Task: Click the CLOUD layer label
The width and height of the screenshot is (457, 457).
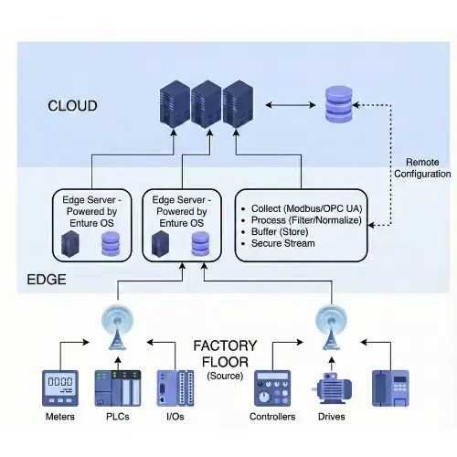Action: (x=72, y=106)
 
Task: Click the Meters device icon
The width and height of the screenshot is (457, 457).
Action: (x=59, y=388)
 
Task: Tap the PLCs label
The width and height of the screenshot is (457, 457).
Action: (x=114, y=417)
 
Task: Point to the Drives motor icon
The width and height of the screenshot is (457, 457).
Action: (x=332, y=388)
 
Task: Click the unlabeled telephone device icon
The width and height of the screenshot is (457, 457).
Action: (x=392, y=388)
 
